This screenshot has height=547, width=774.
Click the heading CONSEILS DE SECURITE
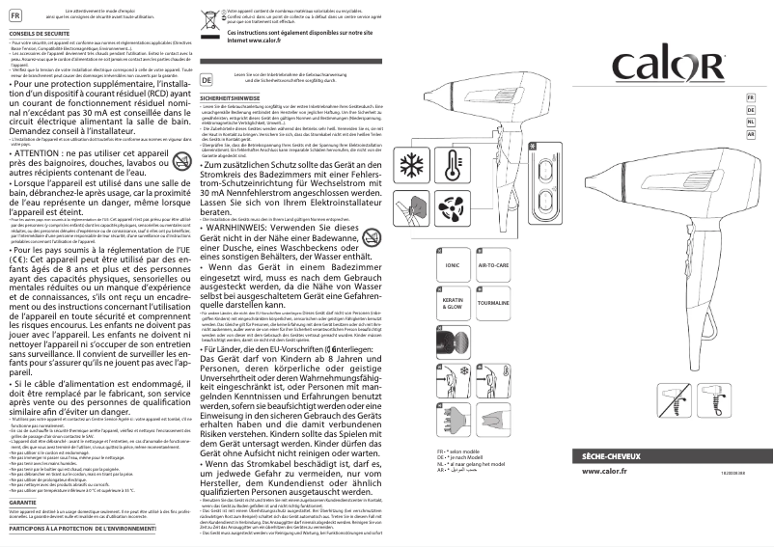point(36,33)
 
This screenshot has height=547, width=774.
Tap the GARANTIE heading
point(23,503)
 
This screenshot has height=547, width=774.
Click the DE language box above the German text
point(206,77)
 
